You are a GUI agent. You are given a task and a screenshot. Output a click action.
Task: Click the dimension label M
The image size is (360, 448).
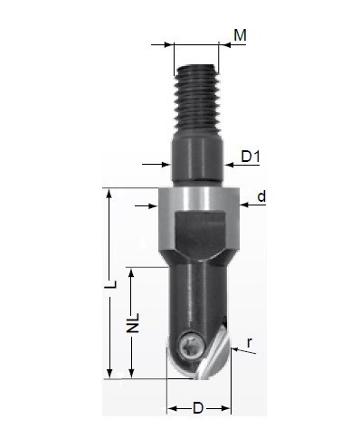240,35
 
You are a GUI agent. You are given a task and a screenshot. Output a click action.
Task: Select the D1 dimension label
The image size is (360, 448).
251,157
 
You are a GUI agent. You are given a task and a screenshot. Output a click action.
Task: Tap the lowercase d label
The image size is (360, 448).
261,196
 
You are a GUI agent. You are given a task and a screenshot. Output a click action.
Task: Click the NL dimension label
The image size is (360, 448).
133,323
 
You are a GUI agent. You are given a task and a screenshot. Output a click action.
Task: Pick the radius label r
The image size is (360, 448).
250,343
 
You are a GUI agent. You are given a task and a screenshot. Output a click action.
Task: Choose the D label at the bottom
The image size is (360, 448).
198,408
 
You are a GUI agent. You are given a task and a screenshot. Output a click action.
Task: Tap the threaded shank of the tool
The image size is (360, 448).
197,99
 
